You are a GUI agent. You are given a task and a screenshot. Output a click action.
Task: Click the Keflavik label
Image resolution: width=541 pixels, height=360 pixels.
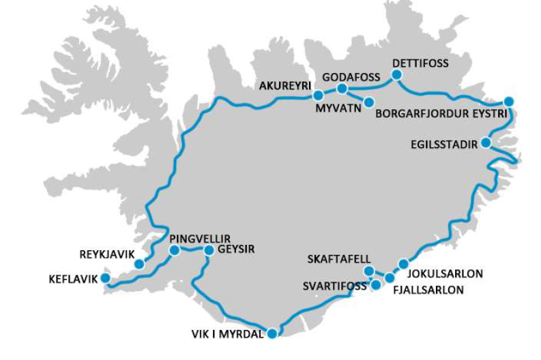pos(74,279)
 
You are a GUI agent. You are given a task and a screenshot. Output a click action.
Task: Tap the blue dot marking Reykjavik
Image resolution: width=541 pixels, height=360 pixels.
pos(139,264)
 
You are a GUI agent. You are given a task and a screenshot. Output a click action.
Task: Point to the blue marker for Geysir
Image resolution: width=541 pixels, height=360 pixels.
pos(209,250)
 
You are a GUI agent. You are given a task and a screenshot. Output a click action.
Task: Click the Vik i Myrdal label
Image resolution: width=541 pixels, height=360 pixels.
pos(226,334)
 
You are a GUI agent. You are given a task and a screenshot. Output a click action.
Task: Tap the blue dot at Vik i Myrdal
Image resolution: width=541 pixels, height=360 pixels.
pos(272,333)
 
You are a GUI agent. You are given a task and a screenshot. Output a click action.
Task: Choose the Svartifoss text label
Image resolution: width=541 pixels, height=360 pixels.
pos(334,286)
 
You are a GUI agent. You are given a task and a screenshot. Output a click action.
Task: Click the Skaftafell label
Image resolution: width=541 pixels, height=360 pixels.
pos(339,259)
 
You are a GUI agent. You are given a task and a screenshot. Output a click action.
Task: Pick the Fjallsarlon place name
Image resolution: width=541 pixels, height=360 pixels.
pos(428,290)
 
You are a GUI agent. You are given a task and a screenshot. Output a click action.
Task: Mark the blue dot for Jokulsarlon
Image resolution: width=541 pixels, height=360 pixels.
pos(403,264)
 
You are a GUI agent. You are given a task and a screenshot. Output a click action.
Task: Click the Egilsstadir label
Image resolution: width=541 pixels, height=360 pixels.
pos(444,144)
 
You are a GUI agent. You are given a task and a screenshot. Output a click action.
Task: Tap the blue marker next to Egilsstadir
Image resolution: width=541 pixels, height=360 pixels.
pos(485,142)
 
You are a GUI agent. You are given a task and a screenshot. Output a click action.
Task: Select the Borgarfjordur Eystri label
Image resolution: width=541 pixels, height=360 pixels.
pos(441,114)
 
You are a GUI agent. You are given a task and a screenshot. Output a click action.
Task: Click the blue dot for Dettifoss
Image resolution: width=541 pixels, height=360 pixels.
pos(396,74)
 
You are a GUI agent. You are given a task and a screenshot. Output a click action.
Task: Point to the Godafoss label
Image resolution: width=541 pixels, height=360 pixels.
pos(351,77)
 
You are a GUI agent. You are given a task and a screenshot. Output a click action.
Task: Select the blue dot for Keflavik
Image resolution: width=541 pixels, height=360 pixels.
pos(106,278)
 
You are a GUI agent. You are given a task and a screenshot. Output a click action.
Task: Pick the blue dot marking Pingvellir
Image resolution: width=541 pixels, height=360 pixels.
pos(174,250)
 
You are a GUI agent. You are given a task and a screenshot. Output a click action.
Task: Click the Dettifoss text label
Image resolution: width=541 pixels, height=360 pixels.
pos(420,63)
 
